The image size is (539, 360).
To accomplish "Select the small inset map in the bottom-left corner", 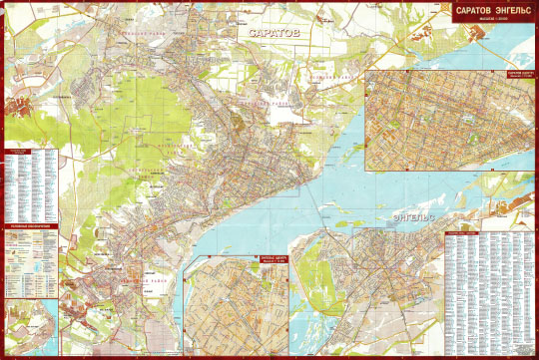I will [x=31, y=323].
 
